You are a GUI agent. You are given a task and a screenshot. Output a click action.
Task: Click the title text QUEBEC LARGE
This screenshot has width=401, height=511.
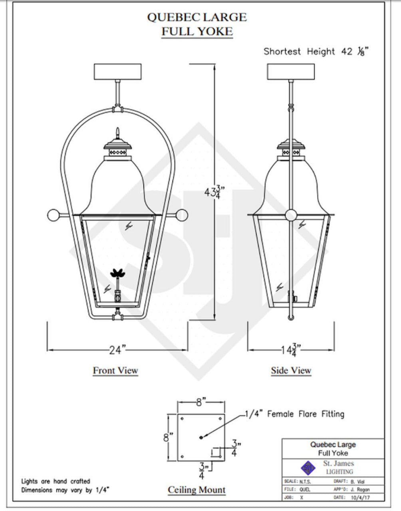[197, 17]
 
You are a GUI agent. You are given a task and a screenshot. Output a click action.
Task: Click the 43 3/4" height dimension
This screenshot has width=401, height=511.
[212, 192]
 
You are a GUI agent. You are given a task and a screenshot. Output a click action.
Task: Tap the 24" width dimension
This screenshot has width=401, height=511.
[117, 350]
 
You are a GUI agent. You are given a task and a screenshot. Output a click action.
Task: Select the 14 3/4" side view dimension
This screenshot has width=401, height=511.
[291, 350]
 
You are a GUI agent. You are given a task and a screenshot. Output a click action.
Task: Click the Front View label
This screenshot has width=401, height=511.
[115, 370]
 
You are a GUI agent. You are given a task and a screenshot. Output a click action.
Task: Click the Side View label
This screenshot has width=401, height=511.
[291, 370]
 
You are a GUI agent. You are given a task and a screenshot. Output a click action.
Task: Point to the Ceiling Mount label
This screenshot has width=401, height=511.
[197, 490]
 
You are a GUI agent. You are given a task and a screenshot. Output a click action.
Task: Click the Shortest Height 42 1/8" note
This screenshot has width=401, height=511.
[315, 51]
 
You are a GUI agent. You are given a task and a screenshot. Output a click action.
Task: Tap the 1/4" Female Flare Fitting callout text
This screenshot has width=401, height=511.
[294, 414]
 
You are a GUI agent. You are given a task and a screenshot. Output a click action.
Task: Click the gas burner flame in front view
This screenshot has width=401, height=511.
[117, 274]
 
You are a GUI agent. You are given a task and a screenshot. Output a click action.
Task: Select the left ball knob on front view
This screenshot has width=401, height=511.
[53, 216]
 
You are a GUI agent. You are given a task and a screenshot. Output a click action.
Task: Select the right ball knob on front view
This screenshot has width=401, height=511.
[182, 215]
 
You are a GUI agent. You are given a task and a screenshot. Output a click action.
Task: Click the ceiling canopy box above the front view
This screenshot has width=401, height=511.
[117, 72]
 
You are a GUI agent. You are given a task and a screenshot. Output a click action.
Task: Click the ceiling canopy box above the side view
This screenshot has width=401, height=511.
[291, 72]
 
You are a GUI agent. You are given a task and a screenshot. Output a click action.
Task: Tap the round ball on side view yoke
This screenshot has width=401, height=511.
[291, 215]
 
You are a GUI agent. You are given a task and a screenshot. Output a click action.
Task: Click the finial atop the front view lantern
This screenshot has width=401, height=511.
[117, 133]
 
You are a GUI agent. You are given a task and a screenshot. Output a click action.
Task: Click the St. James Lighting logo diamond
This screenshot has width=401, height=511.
[308, 467]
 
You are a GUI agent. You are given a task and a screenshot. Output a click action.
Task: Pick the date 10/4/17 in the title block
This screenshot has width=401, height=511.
[358, 497]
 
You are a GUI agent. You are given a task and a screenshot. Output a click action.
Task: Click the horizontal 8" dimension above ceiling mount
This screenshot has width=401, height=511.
[201, 402]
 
